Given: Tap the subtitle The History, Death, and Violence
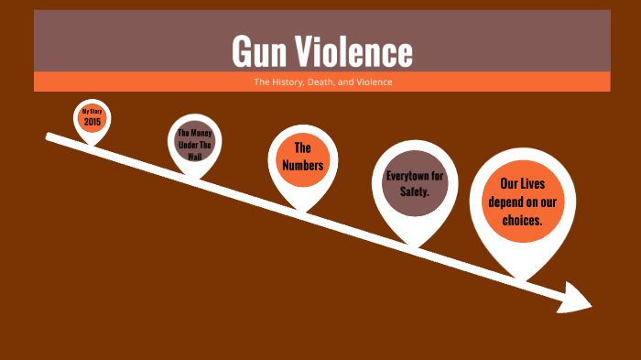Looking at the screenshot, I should pyautogui.click(x=321, y=82).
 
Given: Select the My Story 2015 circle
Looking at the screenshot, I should pyautogui.click(x=92, y=117).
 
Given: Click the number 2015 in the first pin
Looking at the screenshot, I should pyautogui.click(x=92, y=122).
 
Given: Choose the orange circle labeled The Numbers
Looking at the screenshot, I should pyautogui.click(x=302, y=157).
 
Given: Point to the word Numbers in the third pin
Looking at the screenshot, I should pyautogui.click(x=302, y=165).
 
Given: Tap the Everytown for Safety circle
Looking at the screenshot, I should pyautogui.click(x=415, y=181).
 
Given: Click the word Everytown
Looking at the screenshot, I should pyautogui.click(x=415, y=174).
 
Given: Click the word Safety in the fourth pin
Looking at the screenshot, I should pyautogui.click(x=414, y=191).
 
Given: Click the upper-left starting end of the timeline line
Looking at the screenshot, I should pyautogui.click(x=49, y=137).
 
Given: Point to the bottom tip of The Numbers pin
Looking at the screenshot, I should pyautogui.click(x=304, y=210).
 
